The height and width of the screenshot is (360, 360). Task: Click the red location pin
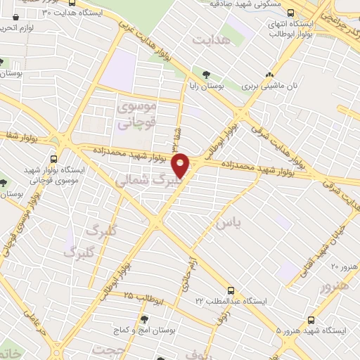point(181,166)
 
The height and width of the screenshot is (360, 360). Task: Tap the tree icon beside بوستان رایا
point(205,74)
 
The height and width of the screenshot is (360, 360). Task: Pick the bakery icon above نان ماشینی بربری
point(269,76)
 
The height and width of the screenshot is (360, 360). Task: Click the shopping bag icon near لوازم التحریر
point(15,16)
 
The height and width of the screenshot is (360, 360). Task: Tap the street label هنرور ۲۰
point(344,266)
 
